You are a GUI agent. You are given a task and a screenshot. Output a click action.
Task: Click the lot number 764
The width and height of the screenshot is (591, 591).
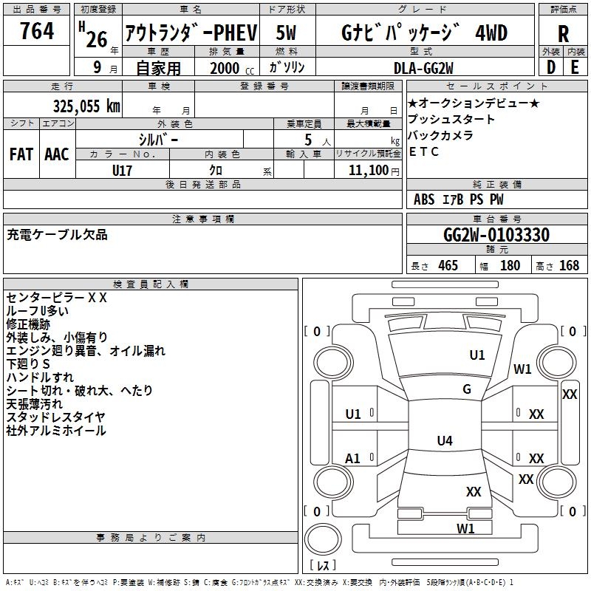(x=37, y=32)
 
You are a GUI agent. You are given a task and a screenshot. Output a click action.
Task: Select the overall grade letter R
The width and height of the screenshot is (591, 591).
(x=563, y=33)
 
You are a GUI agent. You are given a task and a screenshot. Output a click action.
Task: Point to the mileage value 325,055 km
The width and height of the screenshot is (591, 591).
(x=86, y=106)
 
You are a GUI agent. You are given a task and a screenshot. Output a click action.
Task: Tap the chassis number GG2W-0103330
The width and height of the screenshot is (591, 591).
(x=496, y=236)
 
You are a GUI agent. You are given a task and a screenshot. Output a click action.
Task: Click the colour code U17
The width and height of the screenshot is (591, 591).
(x=123, y=170)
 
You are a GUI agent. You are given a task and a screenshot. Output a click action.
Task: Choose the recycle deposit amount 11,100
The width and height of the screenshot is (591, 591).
(x=367, y=170)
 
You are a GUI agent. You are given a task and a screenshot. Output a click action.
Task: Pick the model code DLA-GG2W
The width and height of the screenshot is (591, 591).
(x=424, y=67)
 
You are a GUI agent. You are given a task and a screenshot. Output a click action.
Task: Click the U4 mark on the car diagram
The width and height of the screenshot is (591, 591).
(x=444, y=441)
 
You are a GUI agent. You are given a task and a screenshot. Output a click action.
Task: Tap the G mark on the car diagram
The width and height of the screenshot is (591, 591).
(x=466, y=389)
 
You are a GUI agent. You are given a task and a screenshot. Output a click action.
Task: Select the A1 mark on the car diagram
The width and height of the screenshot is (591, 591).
(x=353, y=459)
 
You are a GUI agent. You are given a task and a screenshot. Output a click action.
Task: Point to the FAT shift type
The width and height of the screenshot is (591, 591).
(x=21, y=154)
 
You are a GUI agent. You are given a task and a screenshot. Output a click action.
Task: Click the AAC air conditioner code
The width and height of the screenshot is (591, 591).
(x=57, y=154)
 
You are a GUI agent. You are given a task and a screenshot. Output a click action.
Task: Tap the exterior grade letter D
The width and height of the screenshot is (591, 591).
(x=550, y=67)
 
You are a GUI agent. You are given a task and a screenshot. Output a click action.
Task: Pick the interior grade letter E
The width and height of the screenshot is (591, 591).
(x=575, y=67)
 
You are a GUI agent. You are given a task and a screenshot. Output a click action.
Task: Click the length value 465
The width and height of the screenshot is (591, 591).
(x=448, y=266)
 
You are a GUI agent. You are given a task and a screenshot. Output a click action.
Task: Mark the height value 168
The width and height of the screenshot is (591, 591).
(x=569, y=266)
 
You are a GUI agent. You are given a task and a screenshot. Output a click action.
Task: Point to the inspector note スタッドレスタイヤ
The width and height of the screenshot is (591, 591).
(x=55, y=417)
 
